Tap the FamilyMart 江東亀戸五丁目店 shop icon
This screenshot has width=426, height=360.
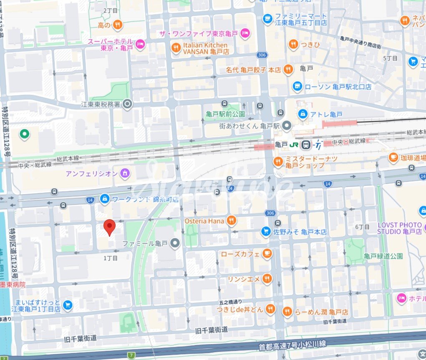click(x=267, y=18)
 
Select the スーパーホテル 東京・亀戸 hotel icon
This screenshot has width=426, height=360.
click(x=140, y=44)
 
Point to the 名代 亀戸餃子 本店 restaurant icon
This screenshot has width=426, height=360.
click(x=288, y=70)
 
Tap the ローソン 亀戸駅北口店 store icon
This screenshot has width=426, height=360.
click(x=297, y=86)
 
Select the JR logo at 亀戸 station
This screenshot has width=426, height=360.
click(x=295, y=145)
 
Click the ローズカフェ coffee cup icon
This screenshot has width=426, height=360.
click(x=267, y=254)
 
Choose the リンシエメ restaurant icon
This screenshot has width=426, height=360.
click(x=267, y=279)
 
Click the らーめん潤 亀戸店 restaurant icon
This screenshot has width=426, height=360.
click(x=287, y=312)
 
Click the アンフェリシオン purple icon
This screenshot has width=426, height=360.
click(x=124, y=173)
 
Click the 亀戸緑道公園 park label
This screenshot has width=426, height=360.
click(x=383, y=256)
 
